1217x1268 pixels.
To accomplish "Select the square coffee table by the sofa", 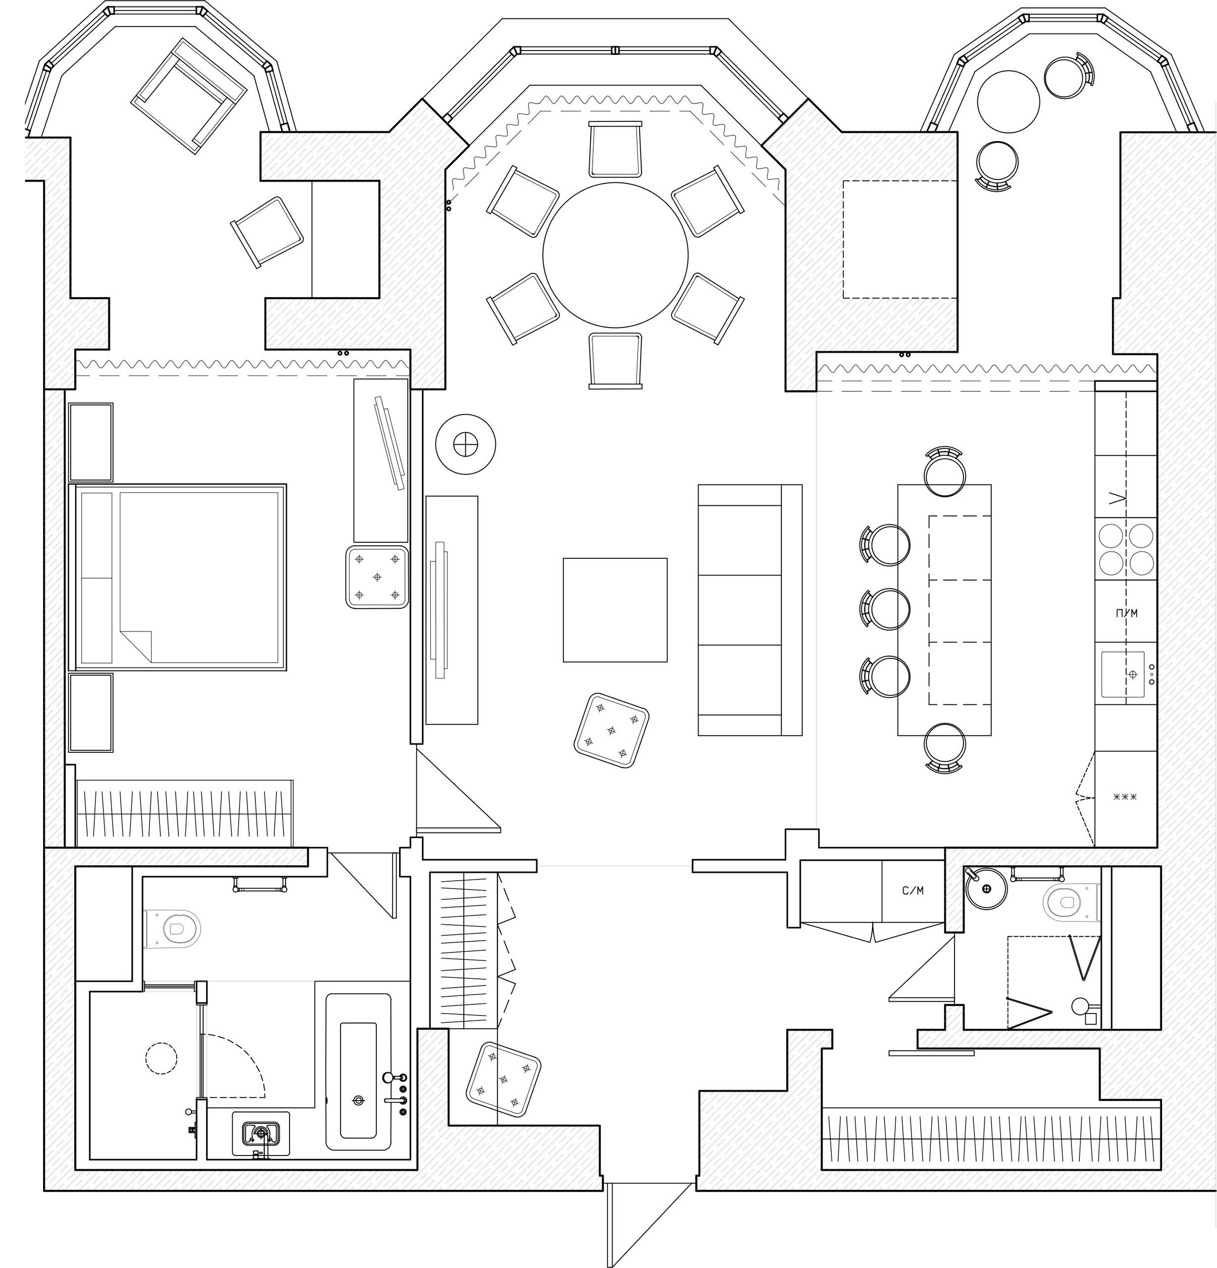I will pyautogui.click(x=614, y=609).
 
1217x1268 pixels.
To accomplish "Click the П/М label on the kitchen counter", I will pyautogui.click(x=1126, y=613).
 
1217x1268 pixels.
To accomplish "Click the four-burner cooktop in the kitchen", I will pyautogui.click(x=1126, y=549).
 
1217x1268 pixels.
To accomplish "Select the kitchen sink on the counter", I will pyautogui.click(x=1123, y=674).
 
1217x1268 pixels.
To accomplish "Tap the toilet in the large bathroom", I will pyautogui.click(x=173, y=930).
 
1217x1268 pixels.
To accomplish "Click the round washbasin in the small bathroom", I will pyautogui.click(x=986, y=889).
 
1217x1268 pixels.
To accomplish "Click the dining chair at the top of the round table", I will pyautogui.click(x=615, y=150).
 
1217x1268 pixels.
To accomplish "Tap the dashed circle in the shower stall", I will pyautogui.click(x=161, y=1058).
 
